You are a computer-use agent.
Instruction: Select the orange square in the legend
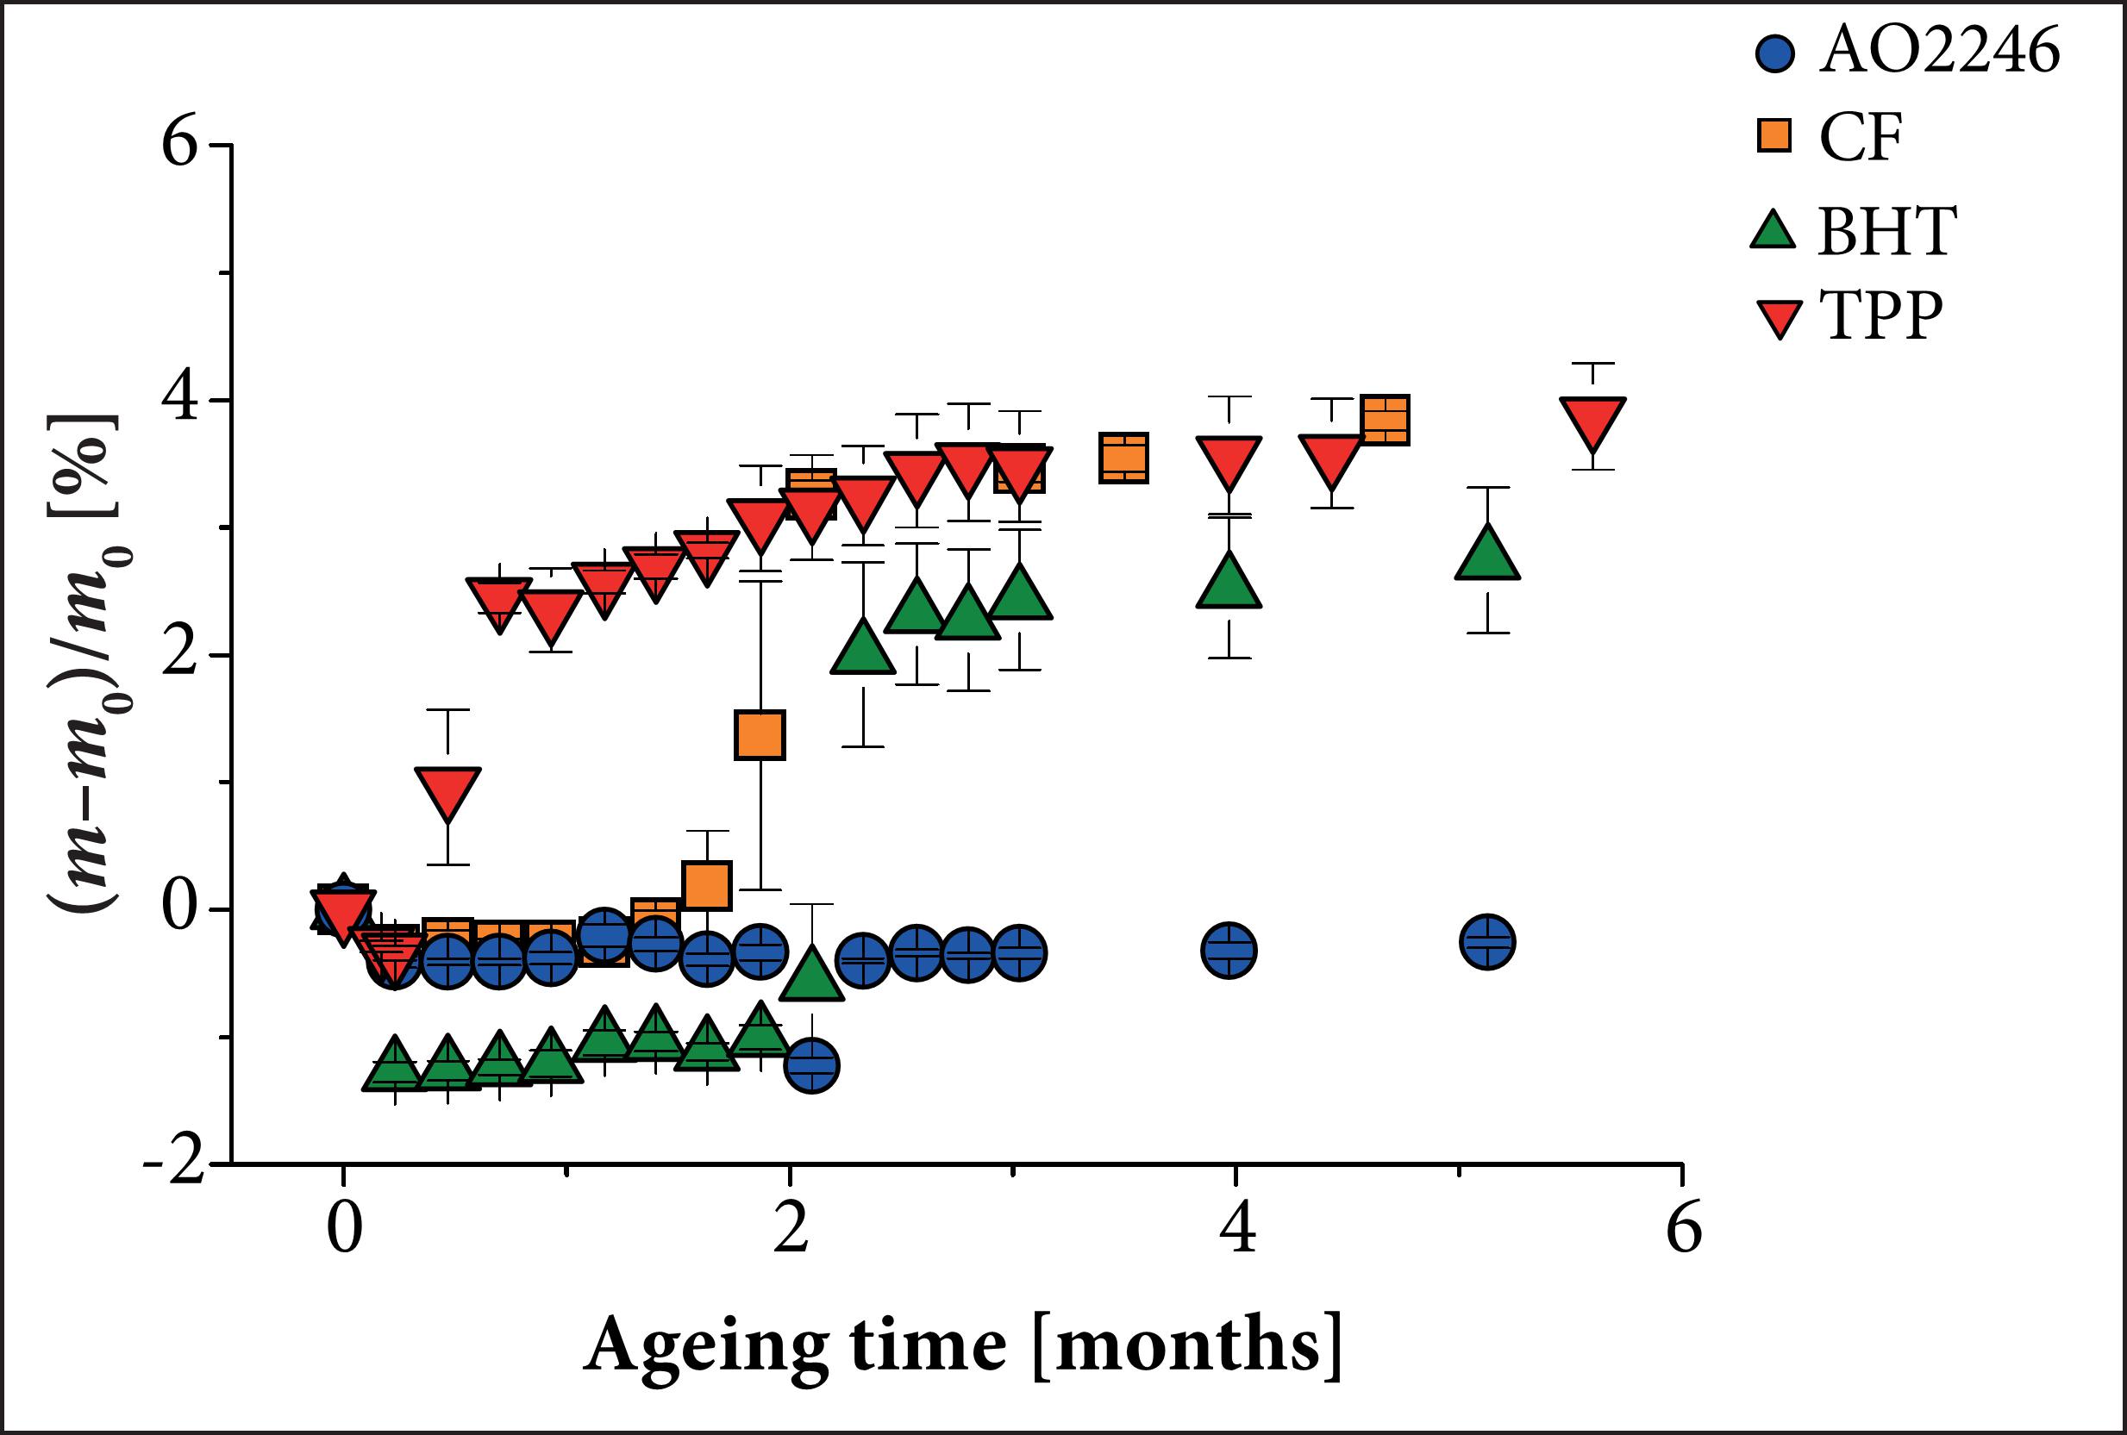point(1774,136)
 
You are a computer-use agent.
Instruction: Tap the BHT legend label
point(1886,231)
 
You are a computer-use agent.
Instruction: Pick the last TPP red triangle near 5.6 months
point(1593,423)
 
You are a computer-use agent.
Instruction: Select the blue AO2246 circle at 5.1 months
point(1488,941)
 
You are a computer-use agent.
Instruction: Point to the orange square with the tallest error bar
point(760,734)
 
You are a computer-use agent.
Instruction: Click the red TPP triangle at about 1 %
point(447,793)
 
